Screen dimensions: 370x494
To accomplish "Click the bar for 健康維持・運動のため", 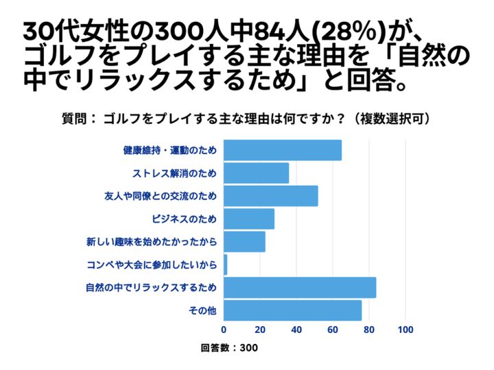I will click(x=283, y=150).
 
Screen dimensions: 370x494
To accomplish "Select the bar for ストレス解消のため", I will click(x=257, y=173).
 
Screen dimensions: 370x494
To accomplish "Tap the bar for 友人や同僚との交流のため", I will click(x=271, y=196).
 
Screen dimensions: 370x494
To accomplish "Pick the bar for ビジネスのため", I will click(x=249, y=219).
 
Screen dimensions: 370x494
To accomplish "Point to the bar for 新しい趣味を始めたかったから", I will click(x=245, y=242).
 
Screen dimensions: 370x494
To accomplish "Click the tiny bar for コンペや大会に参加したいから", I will click(x=226, y=264).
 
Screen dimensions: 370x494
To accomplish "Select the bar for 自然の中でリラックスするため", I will click(x=300, y=287).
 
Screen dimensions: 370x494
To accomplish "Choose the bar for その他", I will click(x=293, y=310).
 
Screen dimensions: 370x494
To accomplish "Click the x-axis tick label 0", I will click(x=224, y=330).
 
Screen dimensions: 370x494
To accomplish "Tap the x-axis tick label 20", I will click(x=261, y=330).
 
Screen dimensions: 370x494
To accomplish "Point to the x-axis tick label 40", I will click(x=297, y=330).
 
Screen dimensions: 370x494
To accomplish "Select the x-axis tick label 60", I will click(x=333, y=330).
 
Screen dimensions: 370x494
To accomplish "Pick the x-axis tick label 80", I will click(x=369, y=330).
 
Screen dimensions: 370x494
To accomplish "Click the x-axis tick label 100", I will click(x=405, y=330).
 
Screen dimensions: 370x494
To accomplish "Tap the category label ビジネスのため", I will click(x=184, y=219).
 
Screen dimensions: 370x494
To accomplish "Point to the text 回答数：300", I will click(x=229, y=348).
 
